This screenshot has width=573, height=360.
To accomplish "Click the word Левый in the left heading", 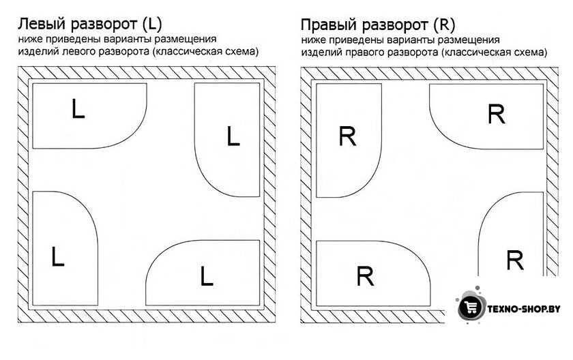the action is [42, 24].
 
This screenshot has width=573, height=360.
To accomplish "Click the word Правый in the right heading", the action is [329, 25].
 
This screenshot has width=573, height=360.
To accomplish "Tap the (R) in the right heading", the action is [444, 25].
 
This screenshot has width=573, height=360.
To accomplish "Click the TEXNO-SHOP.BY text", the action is [524, 309].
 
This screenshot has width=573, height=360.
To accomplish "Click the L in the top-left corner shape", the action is [78, 109].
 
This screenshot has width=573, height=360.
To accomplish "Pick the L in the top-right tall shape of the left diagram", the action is [233, 136].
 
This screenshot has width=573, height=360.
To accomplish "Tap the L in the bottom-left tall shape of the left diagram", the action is [58, 256].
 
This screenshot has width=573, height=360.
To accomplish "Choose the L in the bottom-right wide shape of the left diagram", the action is [207, 275].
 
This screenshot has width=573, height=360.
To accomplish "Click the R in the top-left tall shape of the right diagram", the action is [347, 136].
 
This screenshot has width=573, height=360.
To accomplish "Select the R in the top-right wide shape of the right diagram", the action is [497, 114].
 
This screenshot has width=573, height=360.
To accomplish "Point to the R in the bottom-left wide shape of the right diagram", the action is [365, 276].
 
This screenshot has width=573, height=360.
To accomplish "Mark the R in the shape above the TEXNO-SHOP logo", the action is [515, 260].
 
